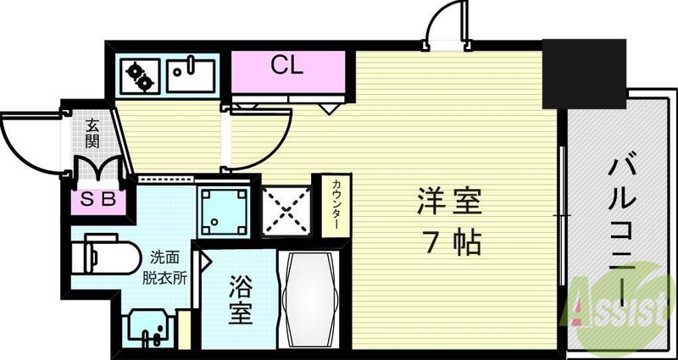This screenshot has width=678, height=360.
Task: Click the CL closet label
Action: click(x=287, y=67)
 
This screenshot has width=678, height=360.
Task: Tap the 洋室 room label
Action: click(x=448, y=202)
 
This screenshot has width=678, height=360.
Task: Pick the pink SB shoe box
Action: click(x=98, y=201)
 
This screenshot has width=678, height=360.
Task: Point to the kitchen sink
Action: click(x=192, y=75)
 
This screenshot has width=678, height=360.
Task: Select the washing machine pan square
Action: click(x=224, y=209)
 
